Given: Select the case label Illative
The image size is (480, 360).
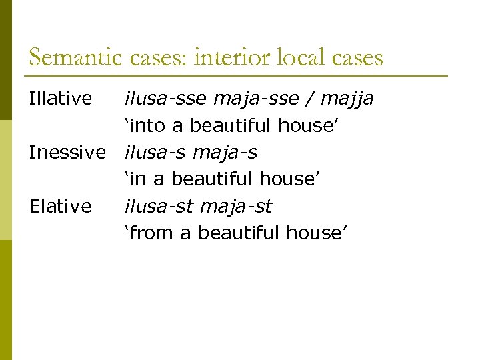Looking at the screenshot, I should [61, 99].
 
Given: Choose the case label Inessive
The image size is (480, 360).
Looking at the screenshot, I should [67, 153].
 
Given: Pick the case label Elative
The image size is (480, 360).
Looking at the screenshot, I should [61, 207].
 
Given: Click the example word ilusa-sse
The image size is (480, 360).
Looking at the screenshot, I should [165, 99].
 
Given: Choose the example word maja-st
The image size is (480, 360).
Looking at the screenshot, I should [236, 207].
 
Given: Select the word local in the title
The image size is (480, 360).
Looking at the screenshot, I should [294, 58].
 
